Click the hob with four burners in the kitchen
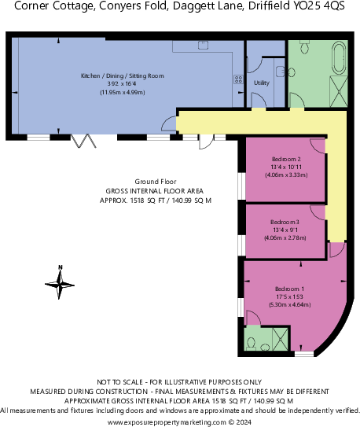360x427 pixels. click(x=238, y=80)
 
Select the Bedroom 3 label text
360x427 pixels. click(x=285, y=222)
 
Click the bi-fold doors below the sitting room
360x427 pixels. click(x=83, y=142)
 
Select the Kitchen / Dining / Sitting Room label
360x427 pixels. click(x=122, y=75)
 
